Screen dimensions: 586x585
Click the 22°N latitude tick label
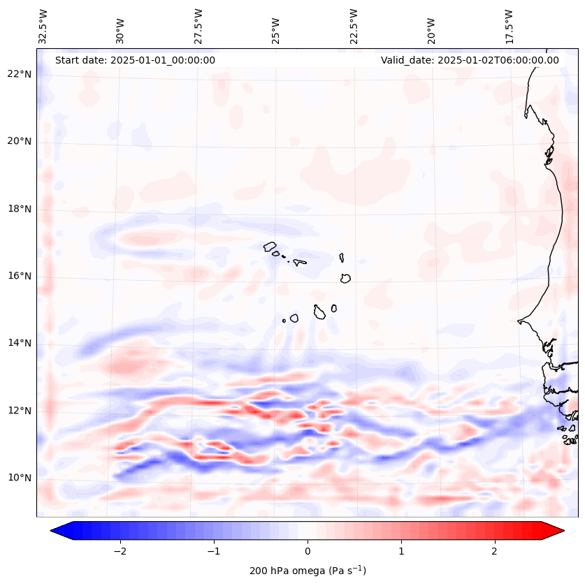tap(20, 74)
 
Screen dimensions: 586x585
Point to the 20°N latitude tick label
tap(20, 141)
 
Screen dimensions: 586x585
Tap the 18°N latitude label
tap(20, 209)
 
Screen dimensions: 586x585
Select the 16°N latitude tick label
tap(20, 276)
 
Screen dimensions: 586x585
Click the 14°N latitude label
tap(20, 343)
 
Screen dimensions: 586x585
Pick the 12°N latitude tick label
tap(20, 411)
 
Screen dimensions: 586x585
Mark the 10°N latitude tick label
tap(20, 478)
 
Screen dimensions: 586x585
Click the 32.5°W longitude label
tap(43, 27)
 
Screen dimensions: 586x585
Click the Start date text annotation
tap(135, 60)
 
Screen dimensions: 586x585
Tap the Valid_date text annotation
tap(470, 60)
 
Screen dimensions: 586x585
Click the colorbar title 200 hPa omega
tap(308, 571)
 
